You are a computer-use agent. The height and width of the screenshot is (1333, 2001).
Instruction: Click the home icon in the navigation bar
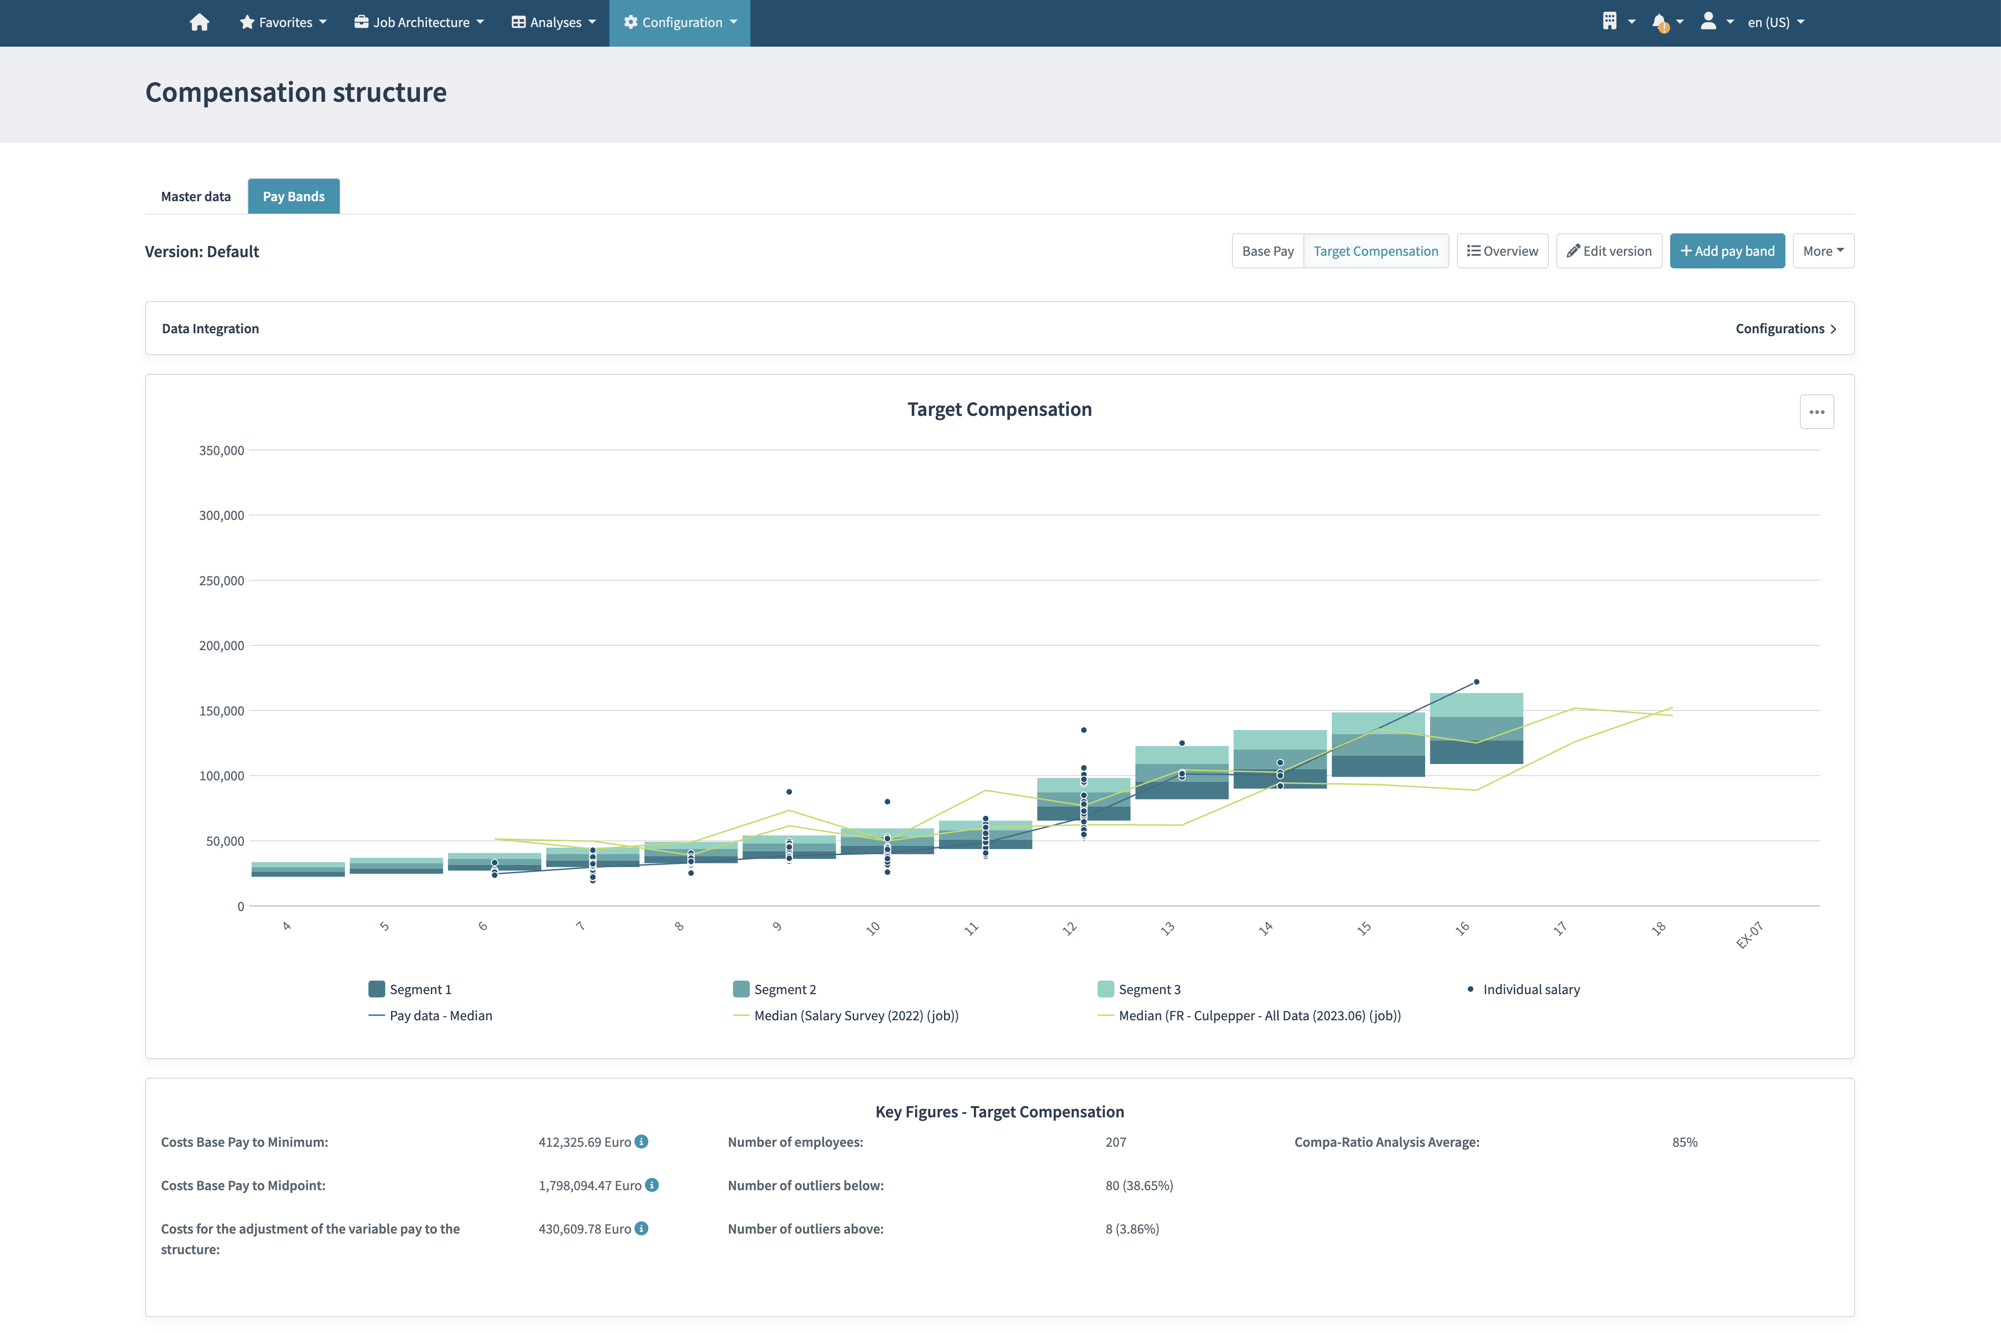click(x=199, y=22)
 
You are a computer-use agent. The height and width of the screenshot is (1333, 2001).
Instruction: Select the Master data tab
click(x=196, y=196)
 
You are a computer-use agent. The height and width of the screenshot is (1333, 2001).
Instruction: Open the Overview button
click(x=1502, y=251)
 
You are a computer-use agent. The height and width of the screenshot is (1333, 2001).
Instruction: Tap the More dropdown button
click(x=1822, y=251)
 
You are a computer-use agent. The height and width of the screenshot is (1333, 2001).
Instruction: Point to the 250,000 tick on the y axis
click(x=221, y=581)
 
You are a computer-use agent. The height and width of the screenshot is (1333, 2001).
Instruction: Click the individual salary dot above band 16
click(x=1476, y=682)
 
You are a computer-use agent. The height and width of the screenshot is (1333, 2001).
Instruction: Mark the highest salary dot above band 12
click(x=1084, y=730)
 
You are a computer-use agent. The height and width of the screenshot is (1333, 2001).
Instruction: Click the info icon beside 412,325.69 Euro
click(x=642, y=1142)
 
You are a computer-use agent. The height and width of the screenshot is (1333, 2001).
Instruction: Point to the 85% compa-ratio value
click(x=1684, y=1142)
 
